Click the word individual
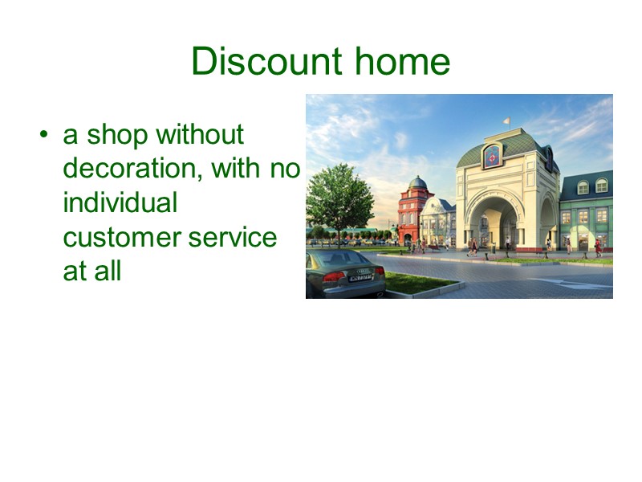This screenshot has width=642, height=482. click(x=120, y=202)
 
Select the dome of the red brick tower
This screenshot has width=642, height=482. click(x=417, y=183)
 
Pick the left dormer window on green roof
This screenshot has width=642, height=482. click(x=583, y=186)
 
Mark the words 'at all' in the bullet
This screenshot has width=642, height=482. click(x=91, y=271)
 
